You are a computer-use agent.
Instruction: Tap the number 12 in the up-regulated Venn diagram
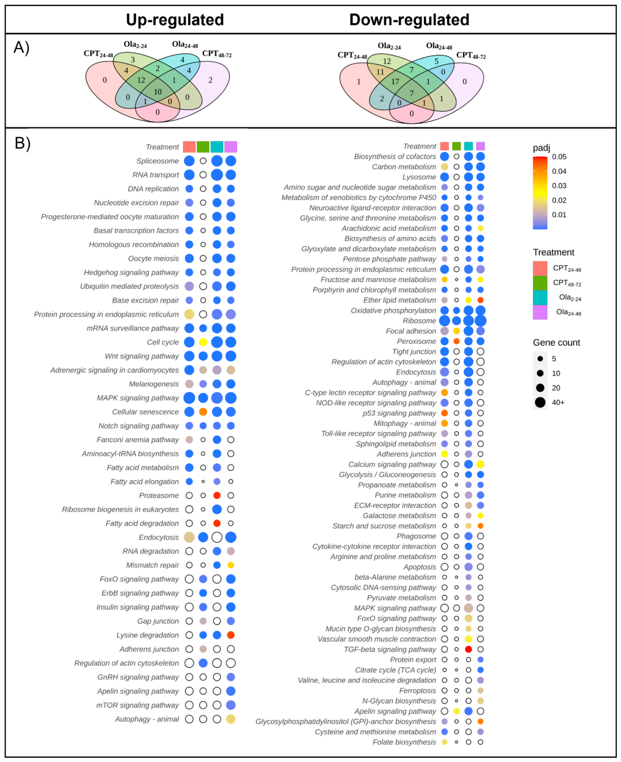[141, 80]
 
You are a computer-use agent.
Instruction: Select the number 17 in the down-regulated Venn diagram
[395, 82]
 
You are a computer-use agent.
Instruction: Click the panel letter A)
[21, 47]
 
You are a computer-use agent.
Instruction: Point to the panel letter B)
[22, 143]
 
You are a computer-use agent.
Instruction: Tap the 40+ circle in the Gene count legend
[540, 402]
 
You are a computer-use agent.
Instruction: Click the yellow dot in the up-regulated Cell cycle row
[203, 342]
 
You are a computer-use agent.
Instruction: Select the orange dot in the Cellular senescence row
[203, 412]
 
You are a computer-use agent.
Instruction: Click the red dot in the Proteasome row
[217, 495]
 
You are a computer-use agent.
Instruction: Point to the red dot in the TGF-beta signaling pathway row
[468, 649]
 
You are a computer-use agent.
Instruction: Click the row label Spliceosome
[157, 161]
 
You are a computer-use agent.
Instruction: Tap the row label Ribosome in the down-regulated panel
[419, 321]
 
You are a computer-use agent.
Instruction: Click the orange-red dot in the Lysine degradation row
[231, 635]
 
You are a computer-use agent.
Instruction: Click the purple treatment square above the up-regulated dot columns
[231, 147]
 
